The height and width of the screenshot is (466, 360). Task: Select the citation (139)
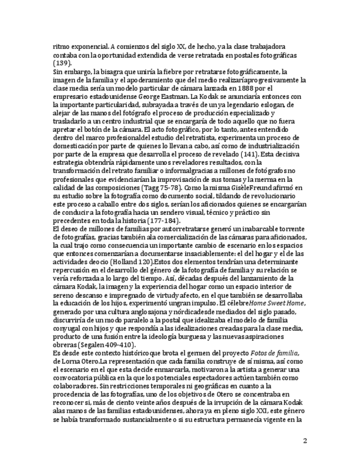(x=62, y=63)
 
